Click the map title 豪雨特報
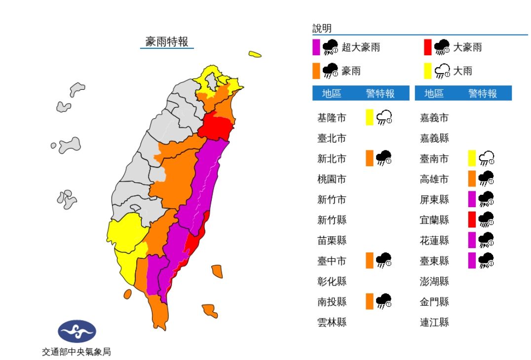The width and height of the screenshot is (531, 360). click(167, 41)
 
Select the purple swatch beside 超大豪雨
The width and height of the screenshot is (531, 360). click(316, 47)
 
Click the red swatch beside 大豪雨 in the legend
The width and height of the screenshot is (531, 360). click(428, 47)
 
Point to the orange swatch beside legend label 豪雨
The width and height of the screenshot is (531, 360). click(316, 71)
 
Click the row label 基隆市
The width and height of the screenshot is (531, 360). click(332, 118)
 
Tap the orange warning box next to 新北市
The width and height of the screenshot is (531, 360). click(370, 158)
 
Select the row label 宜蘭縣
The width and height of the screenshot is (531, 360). click(434, 219)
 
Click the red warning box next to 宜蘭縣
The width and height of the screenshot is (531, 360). click(472, 219)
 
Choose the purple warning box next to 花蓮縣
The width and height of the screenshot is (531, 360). click(472, 240)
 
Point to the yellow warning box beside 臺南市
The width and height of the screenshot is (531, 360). click(472, 158)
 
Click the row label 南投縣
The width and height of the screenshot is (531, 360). click(332, 301)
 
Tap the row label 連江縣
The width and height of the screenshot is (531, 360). click(434, 322)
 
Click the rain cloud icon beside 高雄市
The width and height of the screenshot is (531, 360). click(487, 179)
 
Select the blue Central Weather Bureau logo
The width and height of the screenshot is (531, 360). click(77, 331)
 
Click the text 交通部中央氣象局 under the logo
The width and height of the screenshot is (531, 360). click(76, 352)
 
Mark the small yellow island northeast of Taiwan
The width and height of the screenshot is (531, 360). click(255, 54)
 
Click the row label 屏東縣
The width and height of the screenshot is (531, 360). click(434, 199)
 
